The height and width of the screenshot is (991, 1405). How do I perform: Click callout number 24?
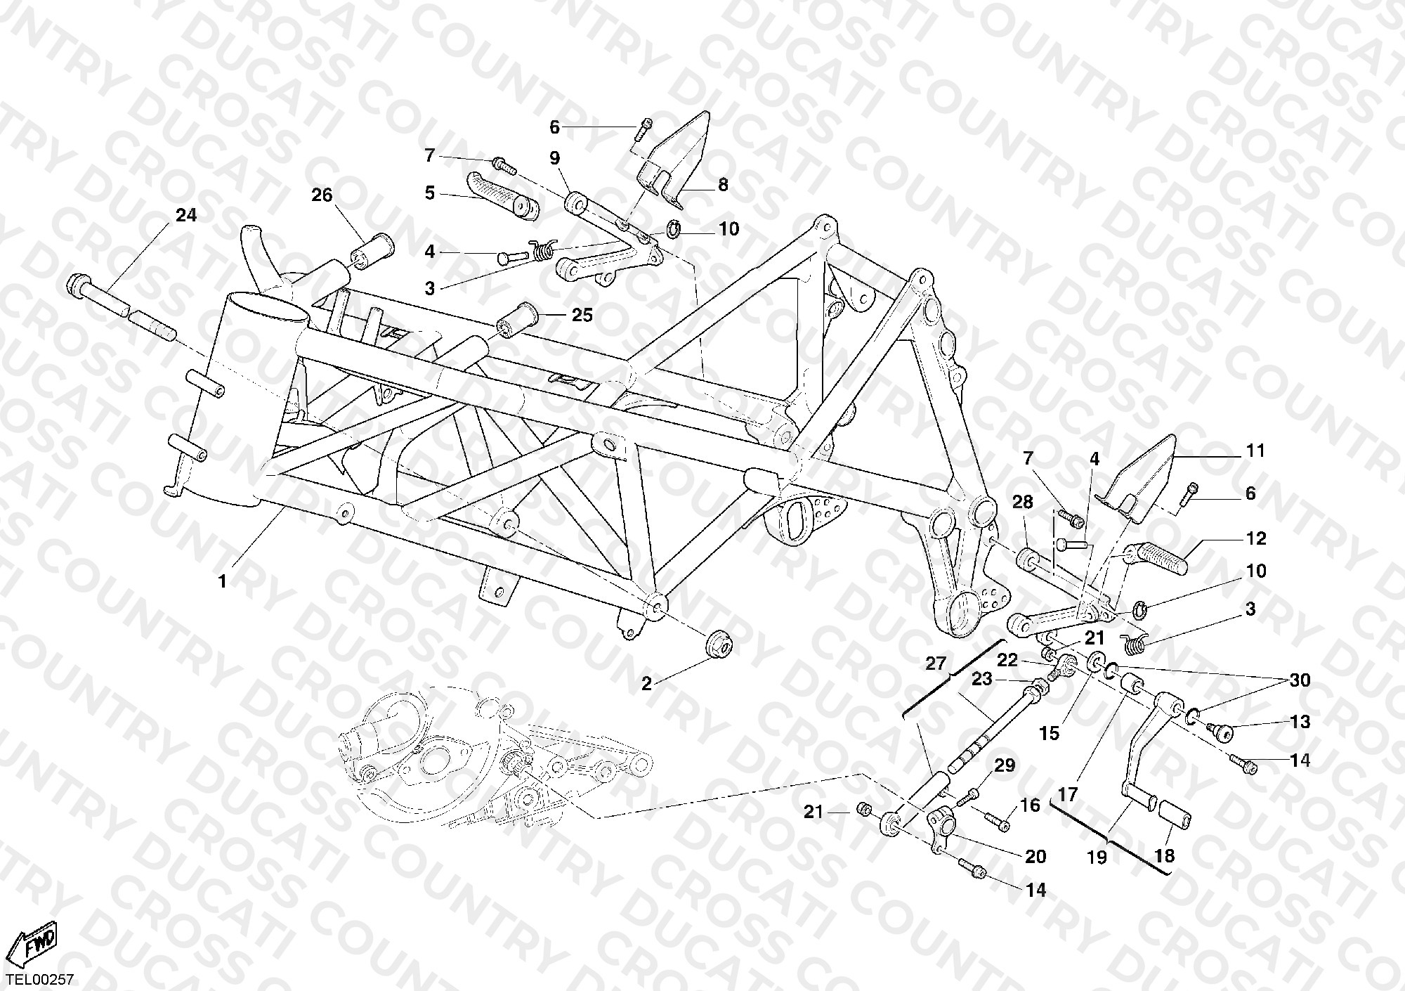186,216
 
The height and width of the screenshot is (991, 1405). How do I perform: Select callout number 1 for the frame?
223,582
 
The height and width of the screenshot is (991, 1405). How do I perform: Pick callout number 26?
322,195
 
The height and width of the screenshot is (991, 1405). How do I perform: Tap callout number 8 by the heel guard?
723,185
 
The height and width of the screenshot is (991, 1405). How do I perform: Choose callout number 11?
1255,451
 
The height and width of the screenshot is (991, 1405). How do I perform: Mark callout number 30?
1300,680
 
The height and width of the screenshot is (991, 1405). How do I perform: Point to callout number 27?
936,663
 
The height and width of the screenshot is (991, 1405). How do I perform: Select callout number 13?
1300,722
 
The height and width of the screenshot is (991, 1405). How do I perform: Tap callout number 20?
1035,856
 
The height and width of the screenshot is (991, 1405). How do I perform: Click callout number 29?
1005,765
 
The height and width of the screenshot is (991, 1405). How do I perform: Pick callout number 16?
1030,805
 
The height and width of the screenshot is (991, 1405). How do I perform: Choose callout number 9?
555,158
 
